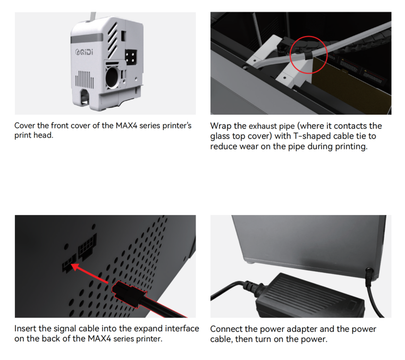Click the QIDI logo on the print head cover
(84, 52)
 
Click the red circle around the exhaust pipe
(308, 55)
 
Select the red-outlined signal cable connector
(129, 294)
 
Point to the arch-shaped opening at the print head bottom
(85, 98)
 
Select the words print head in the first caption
(33, 135)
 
